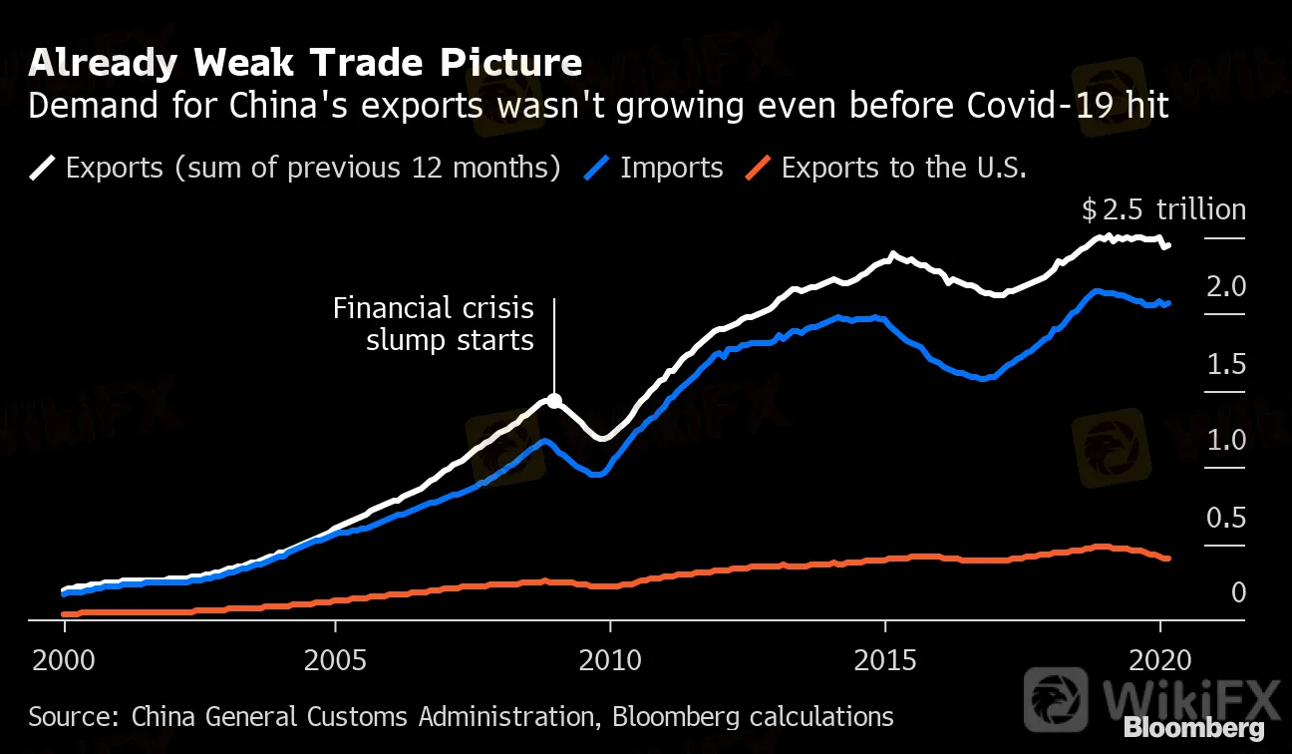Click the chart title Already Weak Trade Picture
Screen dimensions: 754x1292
tap(305, 64)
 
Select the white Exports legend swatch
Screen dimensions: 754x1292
tap(43, 168)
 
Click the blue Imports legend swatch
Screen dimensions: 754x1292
tap(596, 168)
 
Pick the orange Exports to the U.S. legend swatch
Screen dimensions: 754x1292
tap(759, 168)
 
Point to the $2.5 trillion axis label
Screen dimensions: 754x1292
tap(1163, 210)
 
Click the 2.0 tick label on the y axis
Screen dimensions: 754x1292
tap(1226, 287)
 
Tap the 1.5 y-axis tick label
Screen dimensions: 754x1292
tap(1226, 364)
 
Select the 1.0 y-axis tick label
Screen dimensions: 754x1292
tap(1226, 440)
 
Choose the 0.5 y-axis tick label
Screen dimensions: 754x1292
tap(1226, 518)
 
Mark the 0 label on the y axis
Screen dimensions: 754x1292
tap(1238, 593)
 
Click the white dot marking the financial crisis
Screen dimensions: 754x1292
tap(554, 401)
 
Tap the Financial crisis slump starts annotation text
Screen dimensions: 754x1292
tap(434, 324)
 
